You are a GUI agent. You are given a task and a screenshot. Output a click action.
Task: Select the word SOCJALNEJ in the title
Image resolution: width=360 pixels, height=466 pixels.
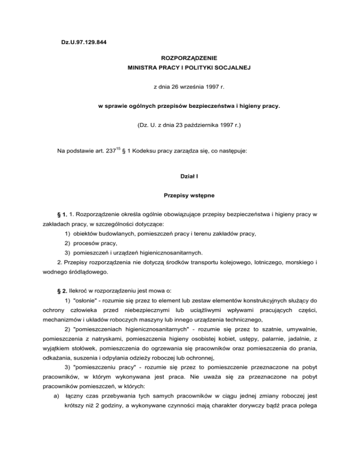231,68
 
